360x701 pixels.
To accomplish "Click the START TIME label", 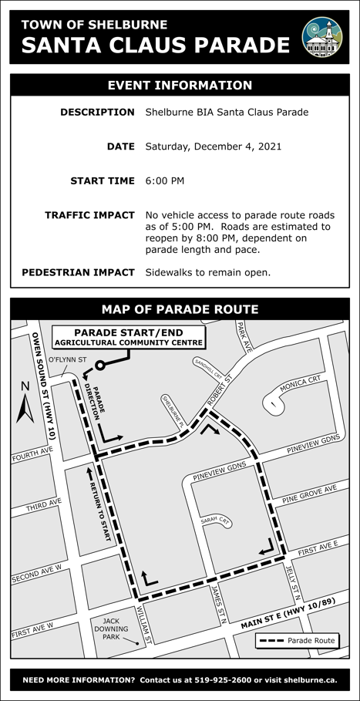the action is pyautogui.click(x=103, y=181).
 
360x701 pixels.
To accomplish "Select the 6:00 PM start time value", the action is pyautogui.click(x=165, y=181).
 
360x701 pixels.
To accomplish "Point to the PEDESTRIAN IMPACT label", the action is pyautogui.click(x=78, y=272).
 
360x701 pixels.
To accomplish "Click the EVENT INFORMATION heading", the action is pyautogui.click(x=180, y=86).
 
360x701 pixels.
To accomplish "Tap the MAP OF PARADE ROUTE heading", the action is pyautogui.click(x=180, y=309).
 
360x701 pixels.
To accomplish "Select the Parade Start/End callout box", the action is pyautogui.click(x=129, y=337).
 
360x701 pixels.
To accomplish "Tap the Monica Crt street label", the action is pyautogui.click(x=300, y=383).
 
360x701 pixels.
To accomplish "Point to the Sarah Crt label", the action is pyautogui.click(x=216, y=521).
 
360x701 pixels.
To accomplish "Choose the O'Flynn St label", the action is pyautogui.click(x=67, y=359).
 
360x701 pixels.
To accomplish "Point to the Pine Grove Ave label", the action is pyautogui.click(x=310, y=495).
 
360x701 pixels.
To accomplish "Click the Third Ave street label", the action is pyautogui.click(x=43, y=507).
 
